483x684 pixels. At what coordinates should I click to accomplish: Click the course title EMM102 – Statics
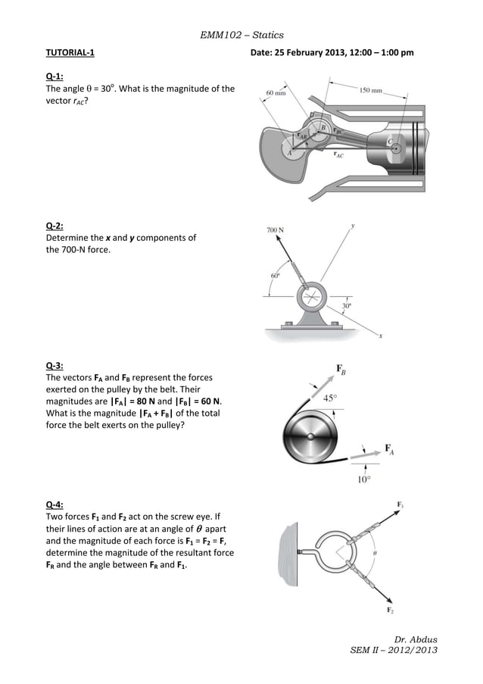click(241, 35)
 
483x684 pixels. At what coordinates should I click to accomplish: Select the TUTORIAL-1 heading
click(70, 53)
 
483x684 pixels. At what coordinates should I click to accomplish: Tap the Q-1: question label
click(55, 77)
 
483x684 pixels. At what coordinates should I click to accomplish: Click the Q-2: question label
click(55, 225)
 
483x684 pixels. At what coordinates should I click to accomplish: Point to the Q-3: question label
click(55, 365)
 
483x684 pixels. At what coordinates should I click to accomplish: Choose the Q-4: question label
click(55, 504)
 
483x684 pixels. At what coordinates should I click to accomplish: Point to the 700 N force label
click(276, 230)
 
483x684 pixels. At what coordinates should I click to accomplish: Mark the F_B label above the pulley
click(342, 370)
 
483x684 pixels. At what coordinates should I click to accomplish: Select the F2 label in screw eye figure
click(391, 611)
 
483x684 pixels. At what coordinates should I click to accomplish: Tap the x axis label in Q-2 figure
click(380, 337)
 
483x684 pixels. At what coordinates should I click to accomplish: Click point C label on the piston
click(391, 141)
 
